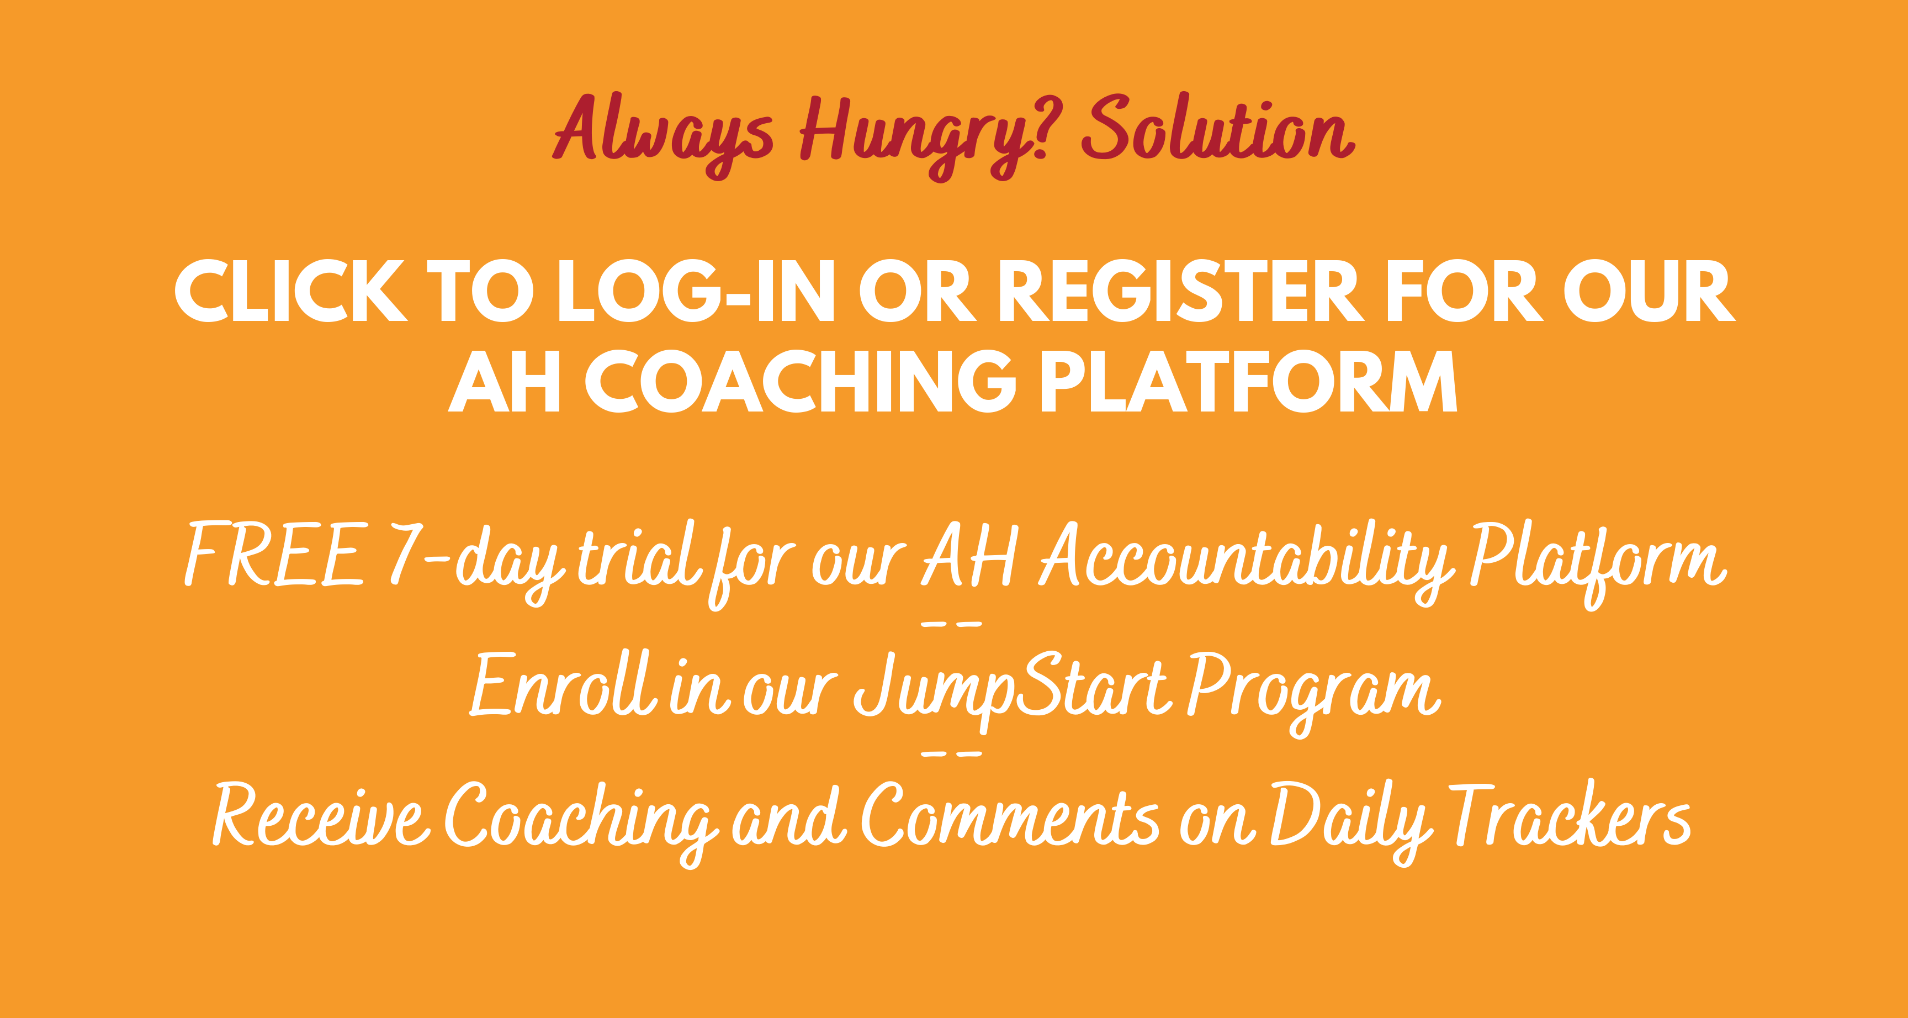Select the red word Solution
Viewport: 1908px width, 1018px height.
pyautogui.click(x=1218, y=130)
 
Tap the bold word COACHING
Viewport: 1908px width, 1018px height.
pyautogui.click(x=801, y=382)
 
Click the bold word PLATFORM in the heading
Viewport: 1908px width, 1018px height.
pyautogui.click(x=1249, y=382)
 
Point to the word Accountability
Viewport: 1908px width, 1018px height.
pyautogui.click(x=1244, y=560)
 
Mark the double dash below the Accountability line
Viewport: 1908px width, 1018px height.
pyautogui.click(x=952, y=625)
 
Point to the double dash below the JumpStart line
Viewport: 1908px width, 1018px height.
pyautogui.click(x=952, y=753)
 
